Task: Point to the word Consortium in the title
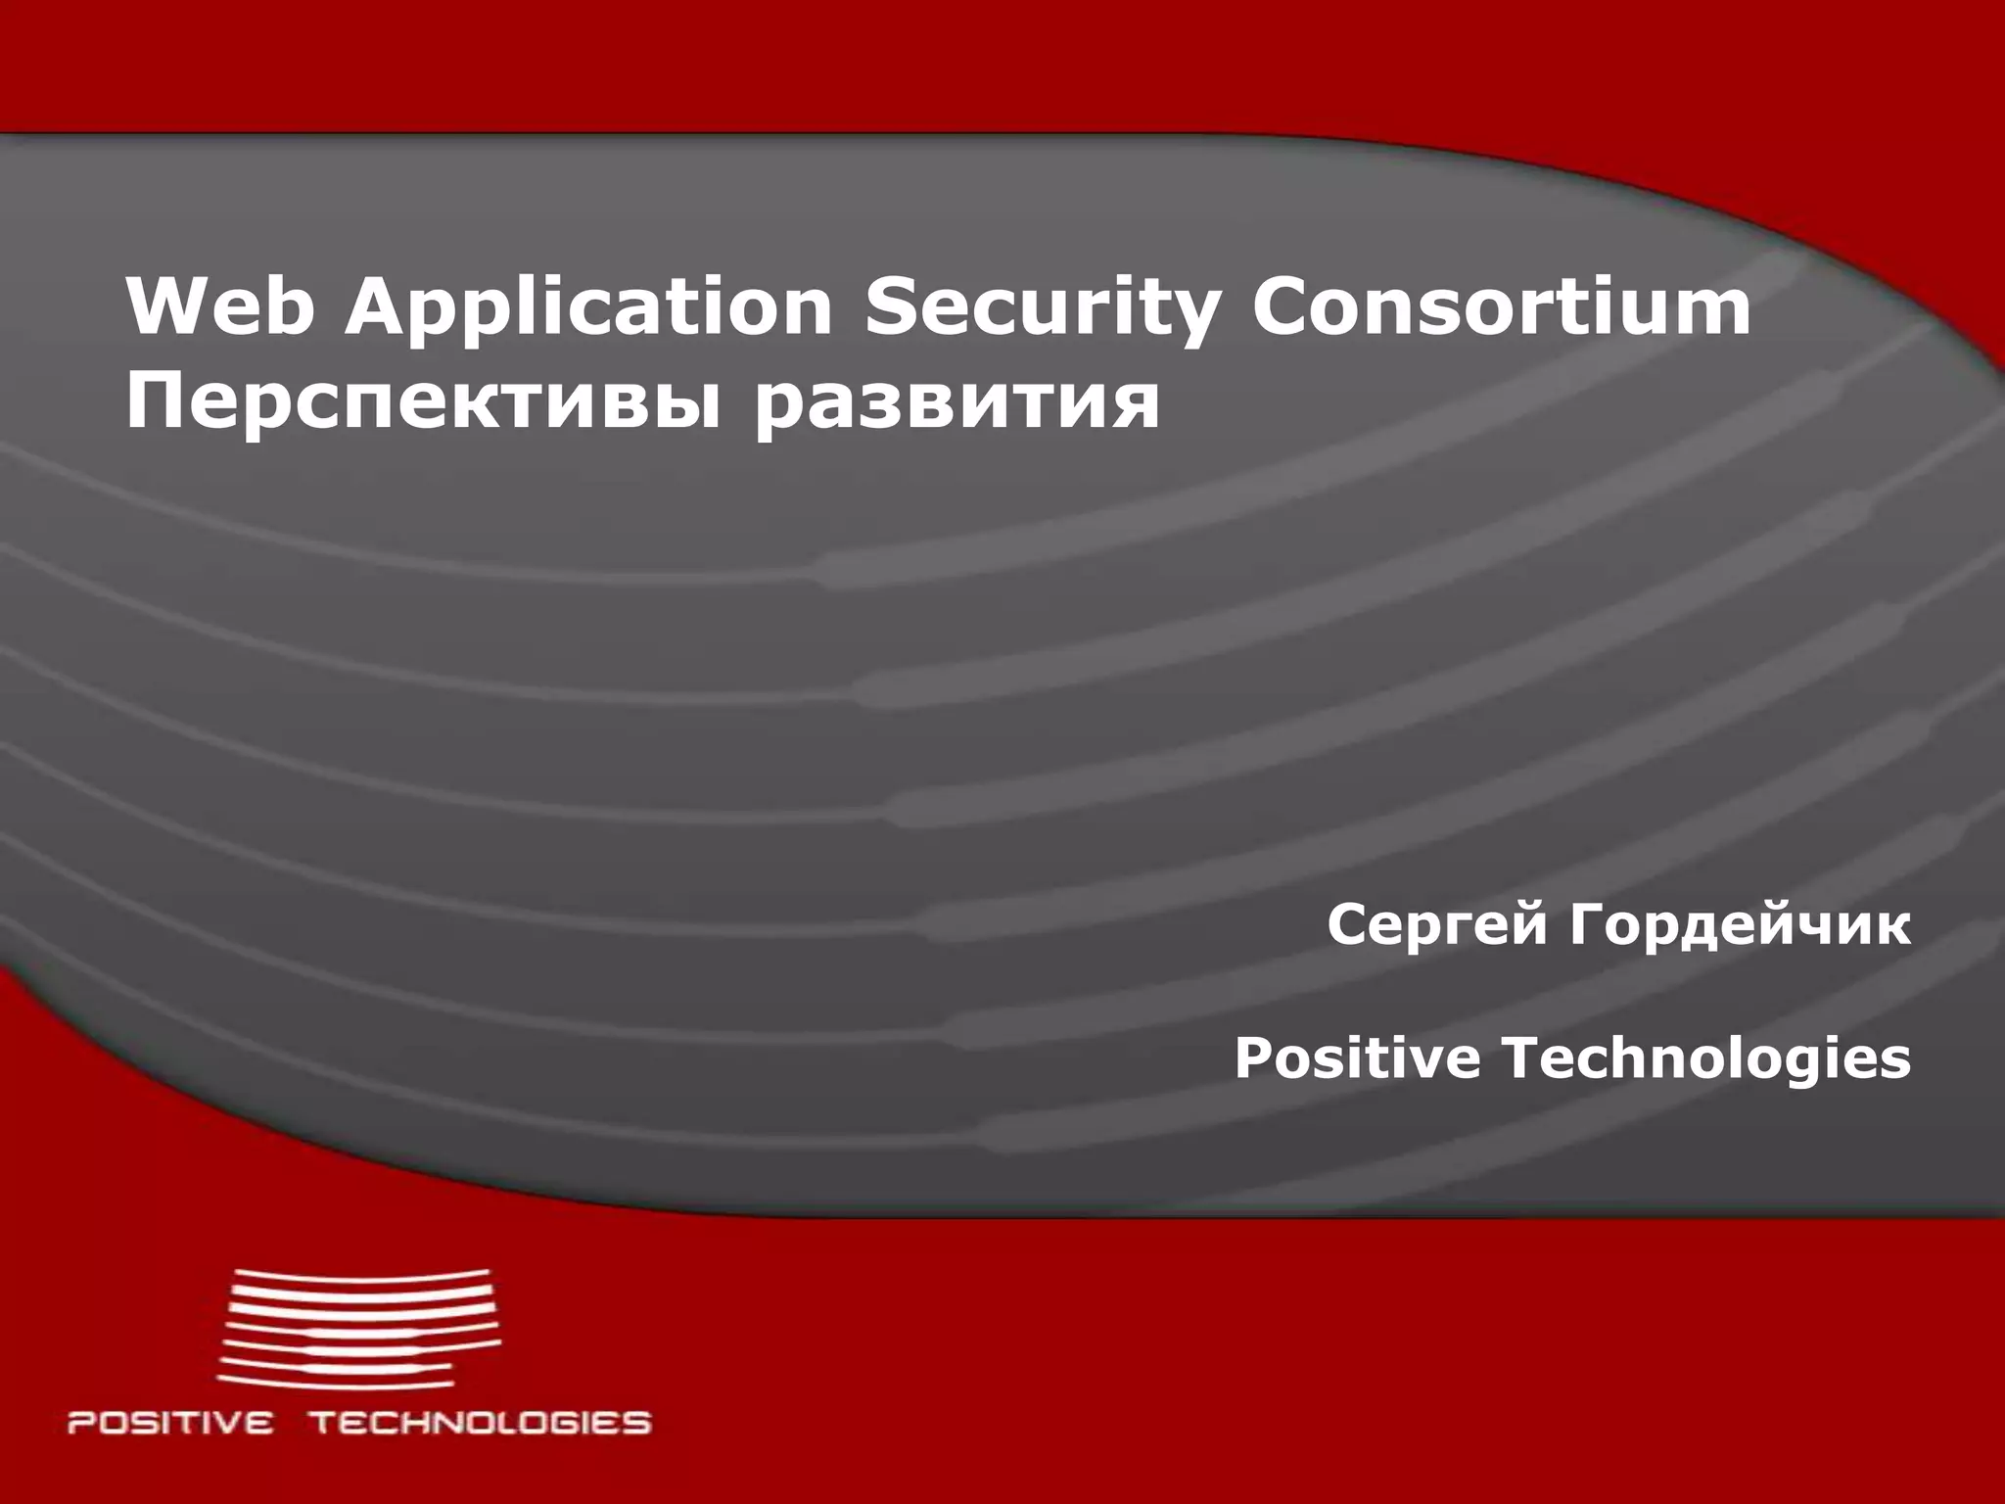(x=1502, y=306)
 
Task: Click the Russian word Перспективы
(x=425, y=402)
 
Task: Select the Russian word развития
(x=956, y=402)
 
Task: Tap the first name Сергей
(x=1438, y=926)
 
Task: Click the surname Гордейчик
(x=1740, y=926)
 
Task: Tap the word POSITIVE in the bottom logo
(x=170, y=1422)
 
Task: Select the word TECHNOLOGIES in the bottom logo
(x=480, y=1422)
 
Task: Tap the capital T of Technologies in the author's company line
(x=1524, y=1057)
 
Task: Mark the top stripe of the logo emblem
(x=362, y=1275)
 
